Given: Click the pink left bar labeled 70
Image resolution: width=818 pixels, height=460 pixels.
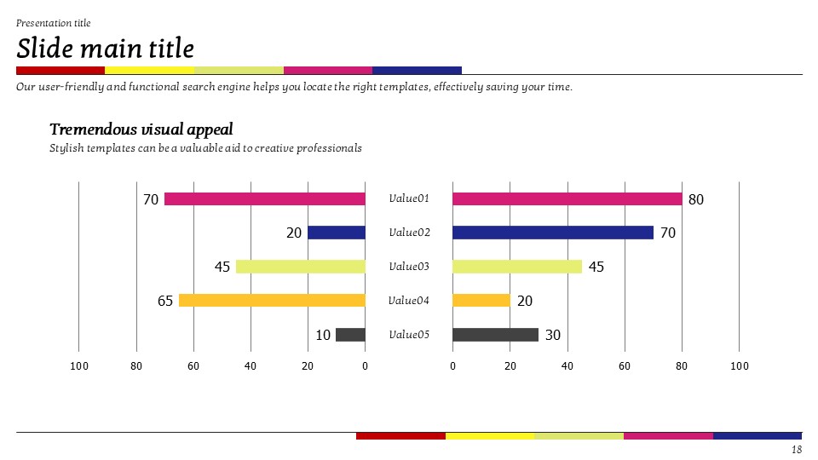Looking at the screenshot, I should click(x=264, y=199).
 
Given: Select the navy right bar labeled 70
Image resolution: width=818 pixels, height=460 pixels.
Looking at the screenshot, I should click(x=552, y=233).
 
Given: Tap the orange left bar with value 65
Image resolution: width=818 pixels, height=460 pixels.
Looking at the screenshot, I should click(x=272, y=301).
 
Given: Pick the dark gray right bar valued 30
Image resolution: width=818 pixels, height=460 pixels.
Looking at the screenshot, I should click(x=495, y=335).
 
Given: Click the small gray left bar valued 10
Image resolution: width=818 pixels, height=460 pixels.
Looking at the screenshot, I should click(x=350, y=335).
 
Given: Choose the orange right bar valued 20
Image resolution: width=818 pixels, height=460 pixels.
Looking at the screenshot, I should click(x=481, y=301).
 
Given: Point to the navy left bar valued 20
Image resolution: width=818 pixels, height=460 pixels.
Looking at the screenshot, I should click(x=336, y=233).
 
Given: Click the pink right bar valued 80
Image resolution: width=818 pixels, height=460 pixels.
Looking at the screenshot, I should click(x=567, y=199).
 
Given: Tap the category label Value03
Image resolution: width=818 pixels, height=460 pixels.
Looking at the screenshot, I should click(x=409, y=267).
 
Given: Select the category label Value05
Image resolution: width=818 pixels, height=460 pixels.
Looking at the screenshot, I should click(x=409, y=335).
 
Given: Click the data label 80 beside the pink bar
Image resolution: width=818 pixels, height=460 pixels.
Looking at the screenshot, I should click(x=696, y=200).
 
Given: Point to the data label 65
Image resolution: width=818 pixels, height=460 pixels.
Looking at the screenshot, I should click(x=165, y=302).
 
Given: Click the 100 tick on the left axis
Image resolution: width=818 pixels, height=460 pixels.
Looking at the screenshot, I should click(x=79, y=366).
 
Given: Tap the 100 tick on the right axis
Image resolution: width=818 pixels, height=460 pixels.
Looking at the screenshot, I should click(x=739, y=366).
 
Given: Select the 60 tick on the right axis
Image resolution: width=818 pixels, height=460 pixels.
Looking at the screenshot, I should click(x=625, y=366).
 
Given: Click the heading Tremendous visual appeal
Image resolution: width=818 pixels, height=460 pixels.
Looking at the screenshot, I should click(x=141, y=129).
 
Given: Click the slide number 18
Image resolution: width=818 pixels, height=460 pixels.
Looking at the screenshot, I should click(x=797, y=449).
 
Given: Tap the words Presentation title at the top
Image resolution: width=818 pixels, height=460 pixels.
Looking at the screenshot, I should click(x=53, y=23).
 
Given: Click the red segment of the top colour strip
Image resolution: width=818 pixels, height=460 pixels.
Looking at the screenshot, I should click(x=60, y=70).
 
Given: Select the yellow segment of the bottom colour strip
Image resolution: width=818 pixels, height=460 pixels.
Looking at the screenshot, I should click(x=490, y=436).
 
